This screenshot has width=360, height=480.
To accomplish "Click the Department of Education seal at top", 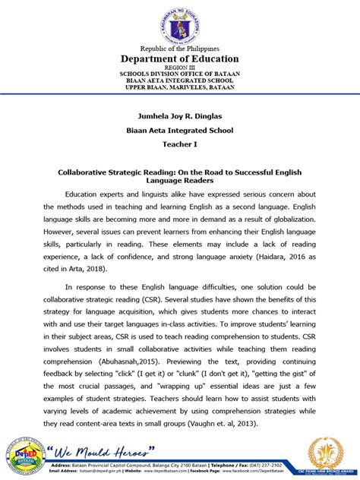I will pyautogui.click(x=180, y=23).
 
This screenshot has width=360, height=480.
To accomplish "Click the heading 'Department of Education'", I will pyautogui.click(x=180, y=58).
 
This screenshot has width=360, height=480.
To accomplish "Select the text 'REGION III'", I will pyautogui.click(x=180, y=68).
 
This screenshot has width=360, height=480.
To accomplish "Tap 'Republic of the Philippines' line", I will pyautogui.click(x=180, y=48).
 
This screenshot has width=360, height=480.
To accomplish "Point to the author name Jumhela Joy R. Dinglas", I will pyautogui.click(x=180, y=115).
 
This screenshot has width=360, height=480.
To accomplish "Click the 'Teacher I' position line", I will pyautogui.click(x=180, y=144).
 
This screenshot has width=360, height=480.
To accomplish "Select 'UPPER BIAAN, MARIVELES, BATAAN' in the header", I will pyautogui.click(x=180, y=87).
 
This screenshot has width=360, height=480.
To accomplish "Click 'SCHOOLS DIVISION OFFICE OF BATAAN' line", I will pyautogui.click(x=180, y=74).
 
